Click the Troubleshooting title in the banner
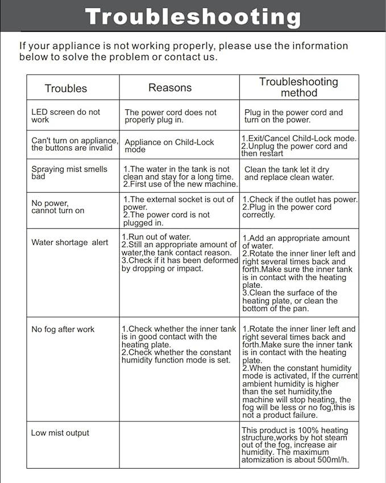pos(193,16)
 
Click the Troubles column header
pos(66,88)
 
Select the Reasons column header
pos(170,88)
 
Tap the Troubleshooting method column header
pos(298,87)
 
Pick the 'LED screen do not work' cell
pos(65,116)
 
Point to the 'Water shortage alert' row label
pos(69,242)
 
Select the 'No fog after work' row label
pos(63,329)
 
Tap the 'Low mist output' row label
pos(60,433)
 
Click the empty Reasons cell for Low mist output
pos(179,444)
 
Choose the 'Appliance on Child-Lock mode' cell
pos(169,146)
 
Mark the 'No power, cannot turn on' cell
pos(58,207)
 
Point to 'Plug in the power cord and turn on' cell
pos(293,116)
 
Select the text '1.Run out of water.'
pos(156,237)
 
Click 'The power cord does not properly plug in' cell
pos(171,116)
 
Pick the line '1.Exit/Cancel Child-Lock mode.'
pos(299,138)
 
